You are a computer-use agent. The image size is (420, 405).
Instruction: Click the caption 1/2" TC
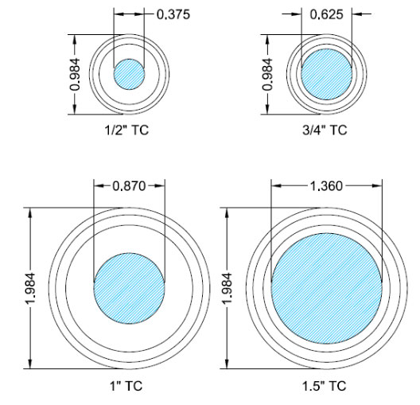tap(129, 130)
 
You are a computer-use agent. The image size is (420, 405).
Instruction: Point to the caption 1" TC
tap(129, 387)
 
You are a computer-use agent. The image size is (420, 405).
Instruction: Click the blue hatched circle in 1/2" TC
tap(129, 74)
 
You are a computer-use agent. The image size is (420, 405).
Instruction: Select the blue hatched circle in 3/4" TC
tap(326, 74)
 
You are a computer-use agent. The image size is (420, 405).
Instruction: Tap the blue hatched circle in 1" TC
tap(129, 287)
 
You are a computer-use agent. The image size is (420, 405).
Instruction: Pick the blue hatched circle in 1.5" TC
tap(326, 287)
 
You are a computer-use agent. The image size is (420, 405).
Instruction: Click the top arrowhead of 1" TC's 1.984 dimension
tap(30, 210)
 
